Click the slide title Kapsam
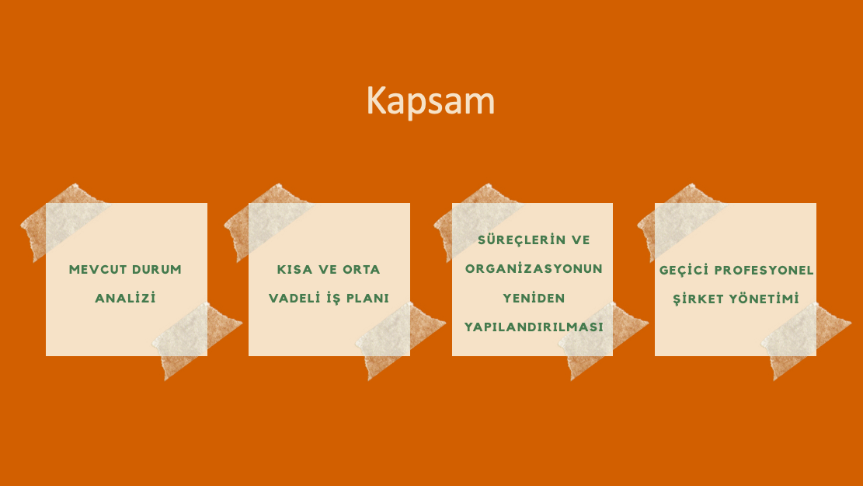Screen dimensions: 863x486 (430, 101)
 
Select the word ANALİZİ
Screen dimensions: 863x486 (126, 298)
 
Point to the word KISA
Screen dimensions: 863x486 (294, 270)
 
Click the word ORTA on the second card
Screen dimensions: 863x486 (362, 270)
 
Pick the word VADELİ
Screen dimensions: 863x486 (294, 298)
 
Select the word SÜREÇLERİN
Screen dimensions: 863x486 (514, 240)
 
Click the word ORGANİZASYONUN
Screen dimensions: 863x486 (534, 268)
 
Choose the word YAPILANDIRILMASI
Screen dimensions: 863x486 (534, 327)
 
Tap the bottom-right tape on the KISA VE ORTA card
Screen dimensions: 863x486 (400, 340)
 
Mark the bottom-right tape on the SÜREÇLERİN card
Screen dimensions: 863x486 (603, 340)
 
